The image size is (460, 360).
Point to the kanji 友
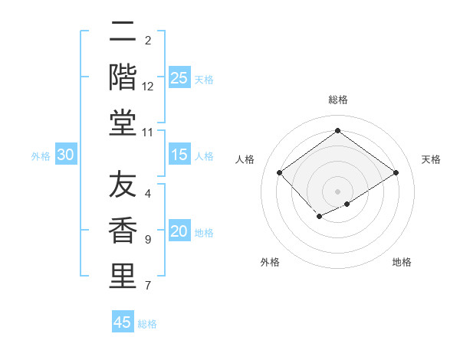(x=122, y=186)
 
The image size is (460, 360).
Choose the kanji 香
(x=122, y=231)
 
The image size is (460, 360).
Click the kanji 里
(x=122, y=277)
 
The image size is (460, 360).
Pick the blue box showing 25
(x=179, y=77)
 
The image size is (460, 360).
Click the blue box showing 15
(x=179, y=155)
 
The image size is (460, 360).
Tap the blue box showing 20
(x=179, y=232)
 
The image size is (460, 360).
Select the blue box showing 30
(x=66, y=155)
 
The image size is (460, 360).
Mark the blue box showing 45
(x=123, y=322)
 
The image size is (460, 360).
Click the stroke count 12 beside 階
(x=148, y=87)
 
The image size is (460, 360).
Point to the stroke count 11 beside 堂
(x=148, y=133)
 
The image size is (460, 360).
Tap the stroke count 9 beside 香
(x=148, y=241)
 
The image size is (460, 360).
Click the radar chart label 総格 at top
(x=337, y=100)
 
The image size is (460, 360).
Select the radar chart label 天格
(x=431, y=159)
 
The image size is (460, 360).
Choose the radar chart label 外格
(x=270, y=262)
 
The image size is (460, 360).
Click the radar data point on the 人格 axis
(x=280, y=173)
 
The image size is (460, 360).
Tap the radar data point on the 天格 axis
(x=396, y=173)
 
